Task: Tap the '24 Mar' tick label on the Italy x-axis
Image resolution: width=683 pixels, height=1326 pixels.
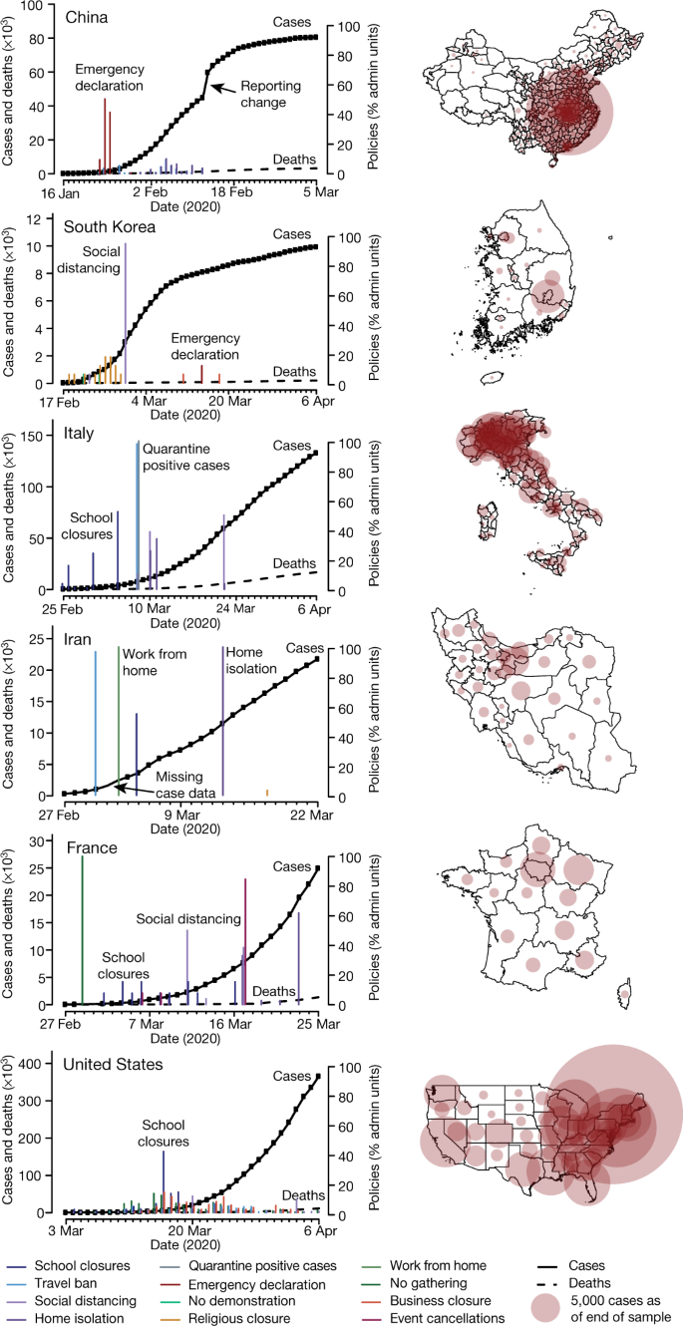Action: click(235, 608)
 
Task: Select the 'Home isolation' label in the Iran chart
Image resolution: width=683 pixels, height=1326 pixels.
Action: click(251, 661)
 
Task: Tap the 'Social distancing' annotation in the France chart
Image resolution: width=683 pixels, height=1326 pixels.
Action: click(188, 918)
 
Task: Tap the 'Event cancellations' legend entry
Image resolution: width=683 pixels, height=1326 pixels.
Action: click(448, 1318)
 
